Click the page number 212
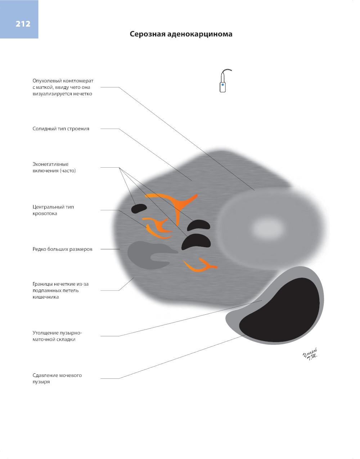click(x=23, y=24)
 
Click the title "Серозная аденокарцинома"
click(x=181, y=34)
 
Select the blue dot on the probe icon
click(x=223, y=85)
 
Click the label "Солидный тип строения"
click(x=61, y=129)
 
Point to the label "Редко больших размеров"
click(x=62, y=249)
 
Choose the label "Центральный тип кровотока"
click(x=53, y=210)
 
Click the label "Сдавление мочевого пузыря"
click(x=57, y=378)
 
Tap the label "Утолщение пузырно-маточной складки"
click(x=57, y=336)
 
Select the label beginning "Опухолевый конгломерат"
click(x=63, y=87)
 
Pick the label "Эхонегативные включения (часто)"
click(x=54, y=167)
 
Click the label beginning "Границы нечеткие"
click(x=60, y=290)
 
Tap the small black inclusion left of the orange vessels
click(x=139, y=209)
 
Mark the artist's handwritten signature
click(x=310, y=355)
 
